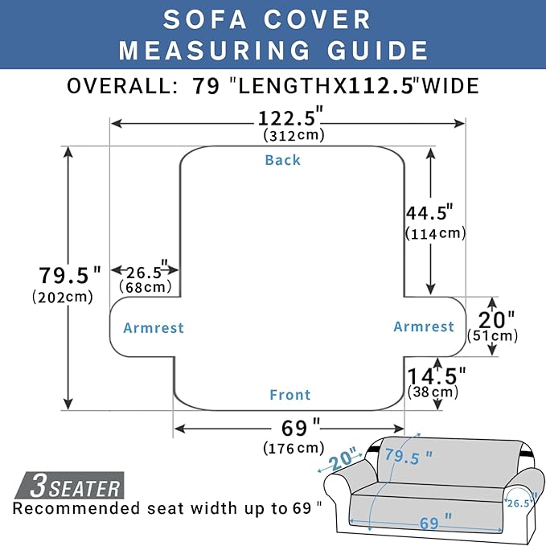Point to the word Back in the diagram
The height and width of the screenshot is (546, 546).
tap(283, 160)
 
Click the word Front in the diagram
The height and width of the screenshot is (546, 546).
tap(289, 395)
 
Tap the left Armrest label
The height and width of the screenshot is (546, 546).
tap(154, 328)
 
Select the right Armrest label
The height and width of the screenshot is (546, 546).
tap(424, 326)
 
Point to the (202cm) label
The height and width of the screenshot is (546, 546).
tap(62, 297)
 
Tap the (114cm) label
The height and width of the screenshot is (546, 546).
tap(436, 233)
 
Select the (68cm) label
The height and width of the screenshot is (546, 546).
tap(145, 286)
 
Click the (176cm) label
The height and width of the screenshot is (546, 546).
tap(294, 448)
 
